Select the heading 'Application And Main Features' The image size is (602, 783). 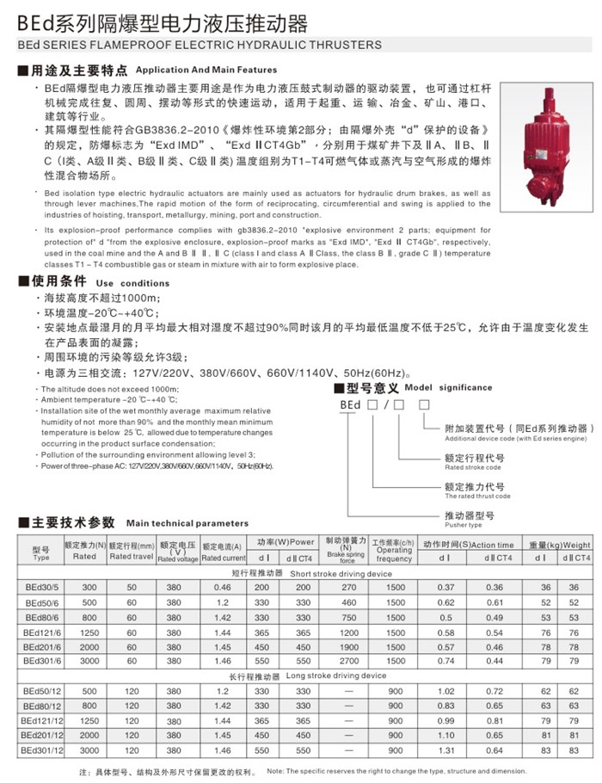[206, 70]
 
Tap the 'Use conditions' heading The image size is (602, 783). [127, 282]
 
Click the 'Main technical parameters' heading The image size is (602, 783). [187, 522]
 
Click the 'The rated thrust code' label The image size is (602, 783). [477, 496]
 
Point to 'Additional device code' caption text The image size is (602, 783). [517, 439]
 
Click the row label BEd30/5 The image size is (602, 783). [41, 587]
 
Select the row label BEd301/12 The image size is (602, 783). [41, 750]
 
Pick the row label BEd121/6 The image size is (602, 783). [41, 631]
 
